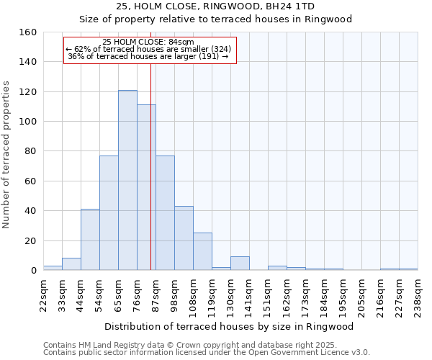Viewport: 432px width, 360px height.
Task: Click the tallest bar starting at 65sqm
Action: [x=127, y=180]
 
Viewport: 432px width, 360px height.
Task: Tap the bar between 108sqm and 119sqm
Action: [x=202, y=251]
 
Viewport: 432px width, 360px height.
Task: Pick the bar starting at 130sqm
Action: [x=240, y=264]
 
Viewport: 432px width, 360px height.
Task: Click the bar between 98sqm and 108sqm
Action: [x=184, y=238]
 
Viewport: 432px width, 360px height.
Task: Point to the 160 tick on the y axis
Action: [x=28, y=32]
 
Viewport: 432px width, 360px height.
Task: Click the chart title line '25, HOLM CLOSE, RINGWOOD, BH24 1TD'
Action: [x=215, y=6]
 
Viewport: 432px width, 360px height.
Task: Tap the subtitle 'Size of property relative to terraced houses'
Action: [x=215, y=19]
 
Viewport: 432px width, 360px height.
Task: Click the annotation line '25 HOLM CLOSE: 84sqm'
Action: [x=148, y=42]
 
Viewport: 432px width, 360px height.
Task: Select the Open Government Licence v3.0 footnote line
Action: [x=207, y=352]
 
